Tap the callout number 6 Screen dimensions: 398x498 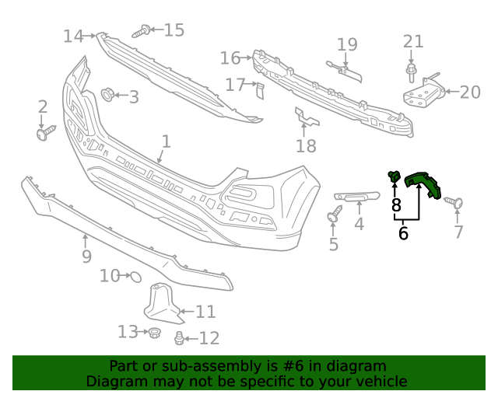403,232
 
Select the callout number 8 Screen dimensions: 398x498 396,205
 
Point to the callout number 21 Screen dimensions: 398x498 413,42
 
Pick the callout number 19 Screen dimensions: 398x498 347,44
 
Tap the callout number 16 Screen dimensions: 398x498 230,58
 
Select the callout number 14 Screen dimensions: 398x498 73,36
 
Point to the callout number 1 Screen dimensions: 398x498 166,141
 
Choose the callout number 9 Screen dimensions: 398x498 86,256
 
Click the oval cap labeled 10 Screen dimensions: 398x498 134,275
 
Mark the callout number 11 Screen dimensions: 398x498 205,312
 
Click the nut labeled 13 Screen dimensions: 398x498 153,333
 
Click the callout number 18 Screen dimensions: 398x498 307,145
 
